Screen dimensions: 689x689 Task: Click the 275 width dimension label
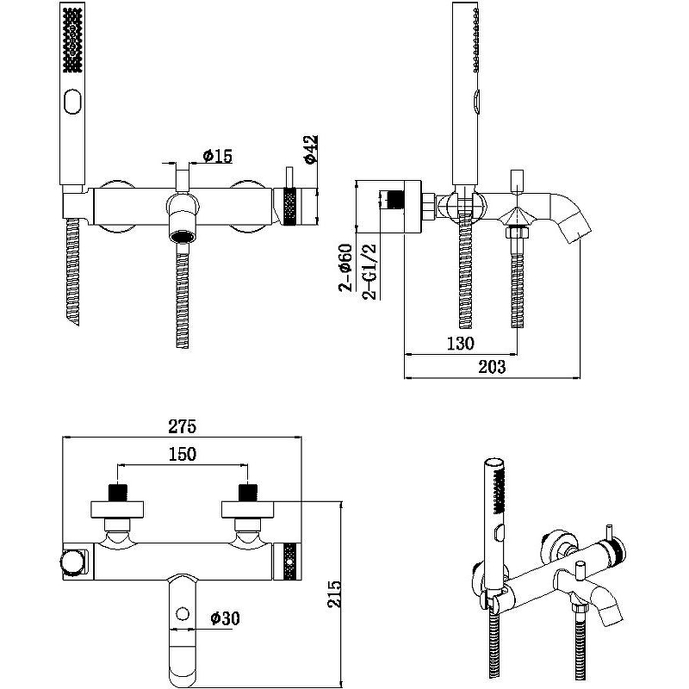click(183, 426)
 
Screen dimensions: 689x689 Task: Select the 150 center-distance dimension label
click(183, 454)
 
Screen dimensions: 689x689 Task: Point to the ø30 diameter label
click(226, 617)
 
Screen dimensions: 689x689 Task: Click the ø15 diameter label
click(217, 156)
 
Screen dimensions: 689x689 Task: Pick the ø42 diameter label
click(311, 150)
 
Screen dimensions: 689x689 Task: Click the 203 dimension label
click(490, 367)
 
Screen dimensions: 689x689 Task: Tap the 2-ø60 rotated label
click(344, 269)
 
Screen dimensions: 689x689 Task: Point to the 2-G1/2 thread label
click(371, 270)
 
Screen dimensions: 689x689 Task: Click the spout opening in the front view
click(182, 235)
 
